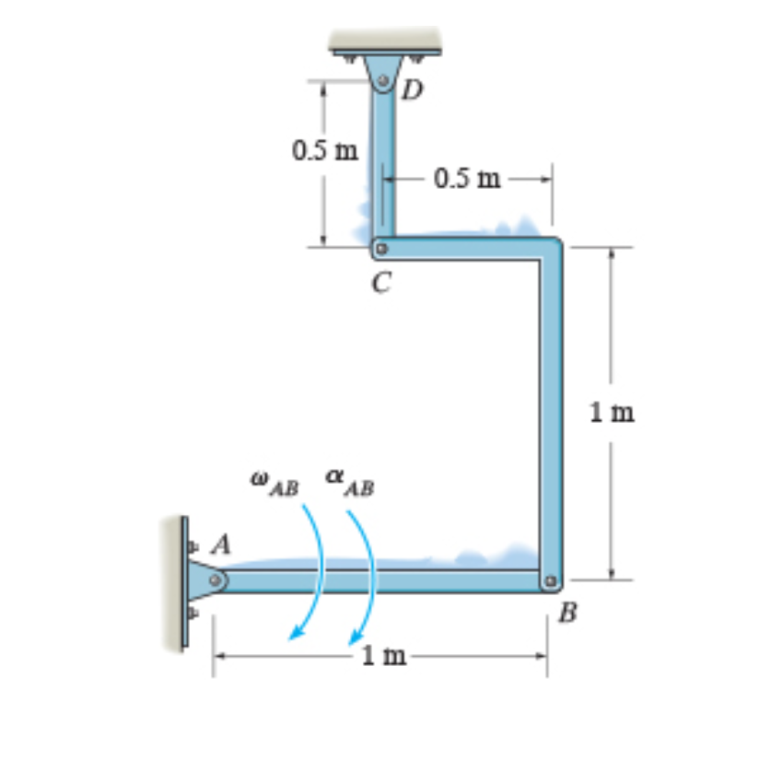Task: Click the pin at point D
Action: click(x=383, y=80)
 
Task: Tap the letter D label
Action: click(x=412, y=90)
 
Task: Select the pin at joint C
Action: click(x=381, y=249)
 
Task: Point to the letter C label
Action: click(x=381, y=283)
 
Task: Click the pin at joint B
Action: click(x=551, y=581)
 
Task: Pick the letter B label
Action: click(x=568, y=613)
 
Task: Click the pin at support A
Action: click(x=216, y=580)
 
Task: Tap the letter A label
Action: click(x=220, y=544)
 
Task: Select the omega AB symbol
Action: click(x=275, y=484)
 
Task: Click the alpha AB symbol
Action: click(x=350, y=483)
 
